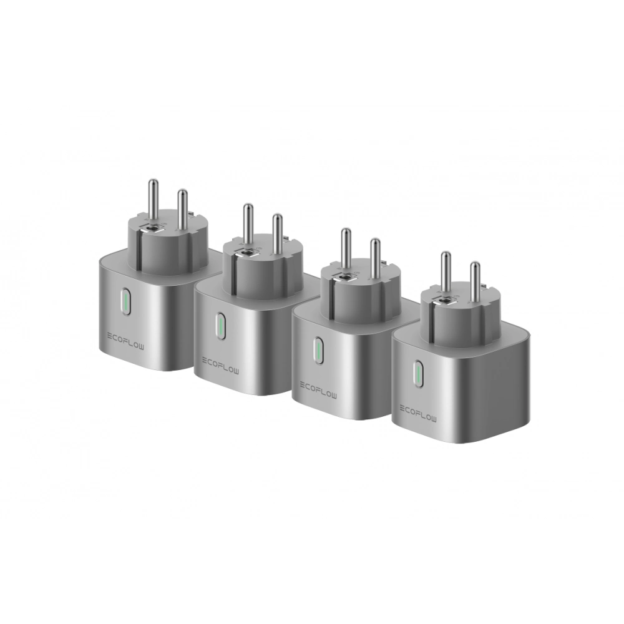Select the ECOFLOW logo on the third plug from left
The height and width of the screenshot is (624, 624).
[x=318, y=391]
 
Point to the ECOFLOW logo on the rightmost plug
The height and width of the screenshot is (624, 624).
[x=418, y=414]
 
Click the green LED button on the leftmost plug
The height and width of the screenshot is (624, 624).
[x=126, y=301]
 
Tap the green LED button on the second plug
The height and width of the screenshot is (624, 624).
[x=220, y=326]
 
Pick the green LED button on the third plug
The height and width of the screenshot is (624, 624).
[x=318, y=350]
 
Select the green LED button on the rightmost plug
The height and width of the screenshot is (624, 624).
[x=418, y=373]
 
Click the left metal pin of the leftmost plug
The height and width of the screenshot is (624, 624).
[x=154, y=201]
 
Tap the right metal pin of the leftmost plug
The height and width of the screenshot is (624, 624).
[x=182, y=210]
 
